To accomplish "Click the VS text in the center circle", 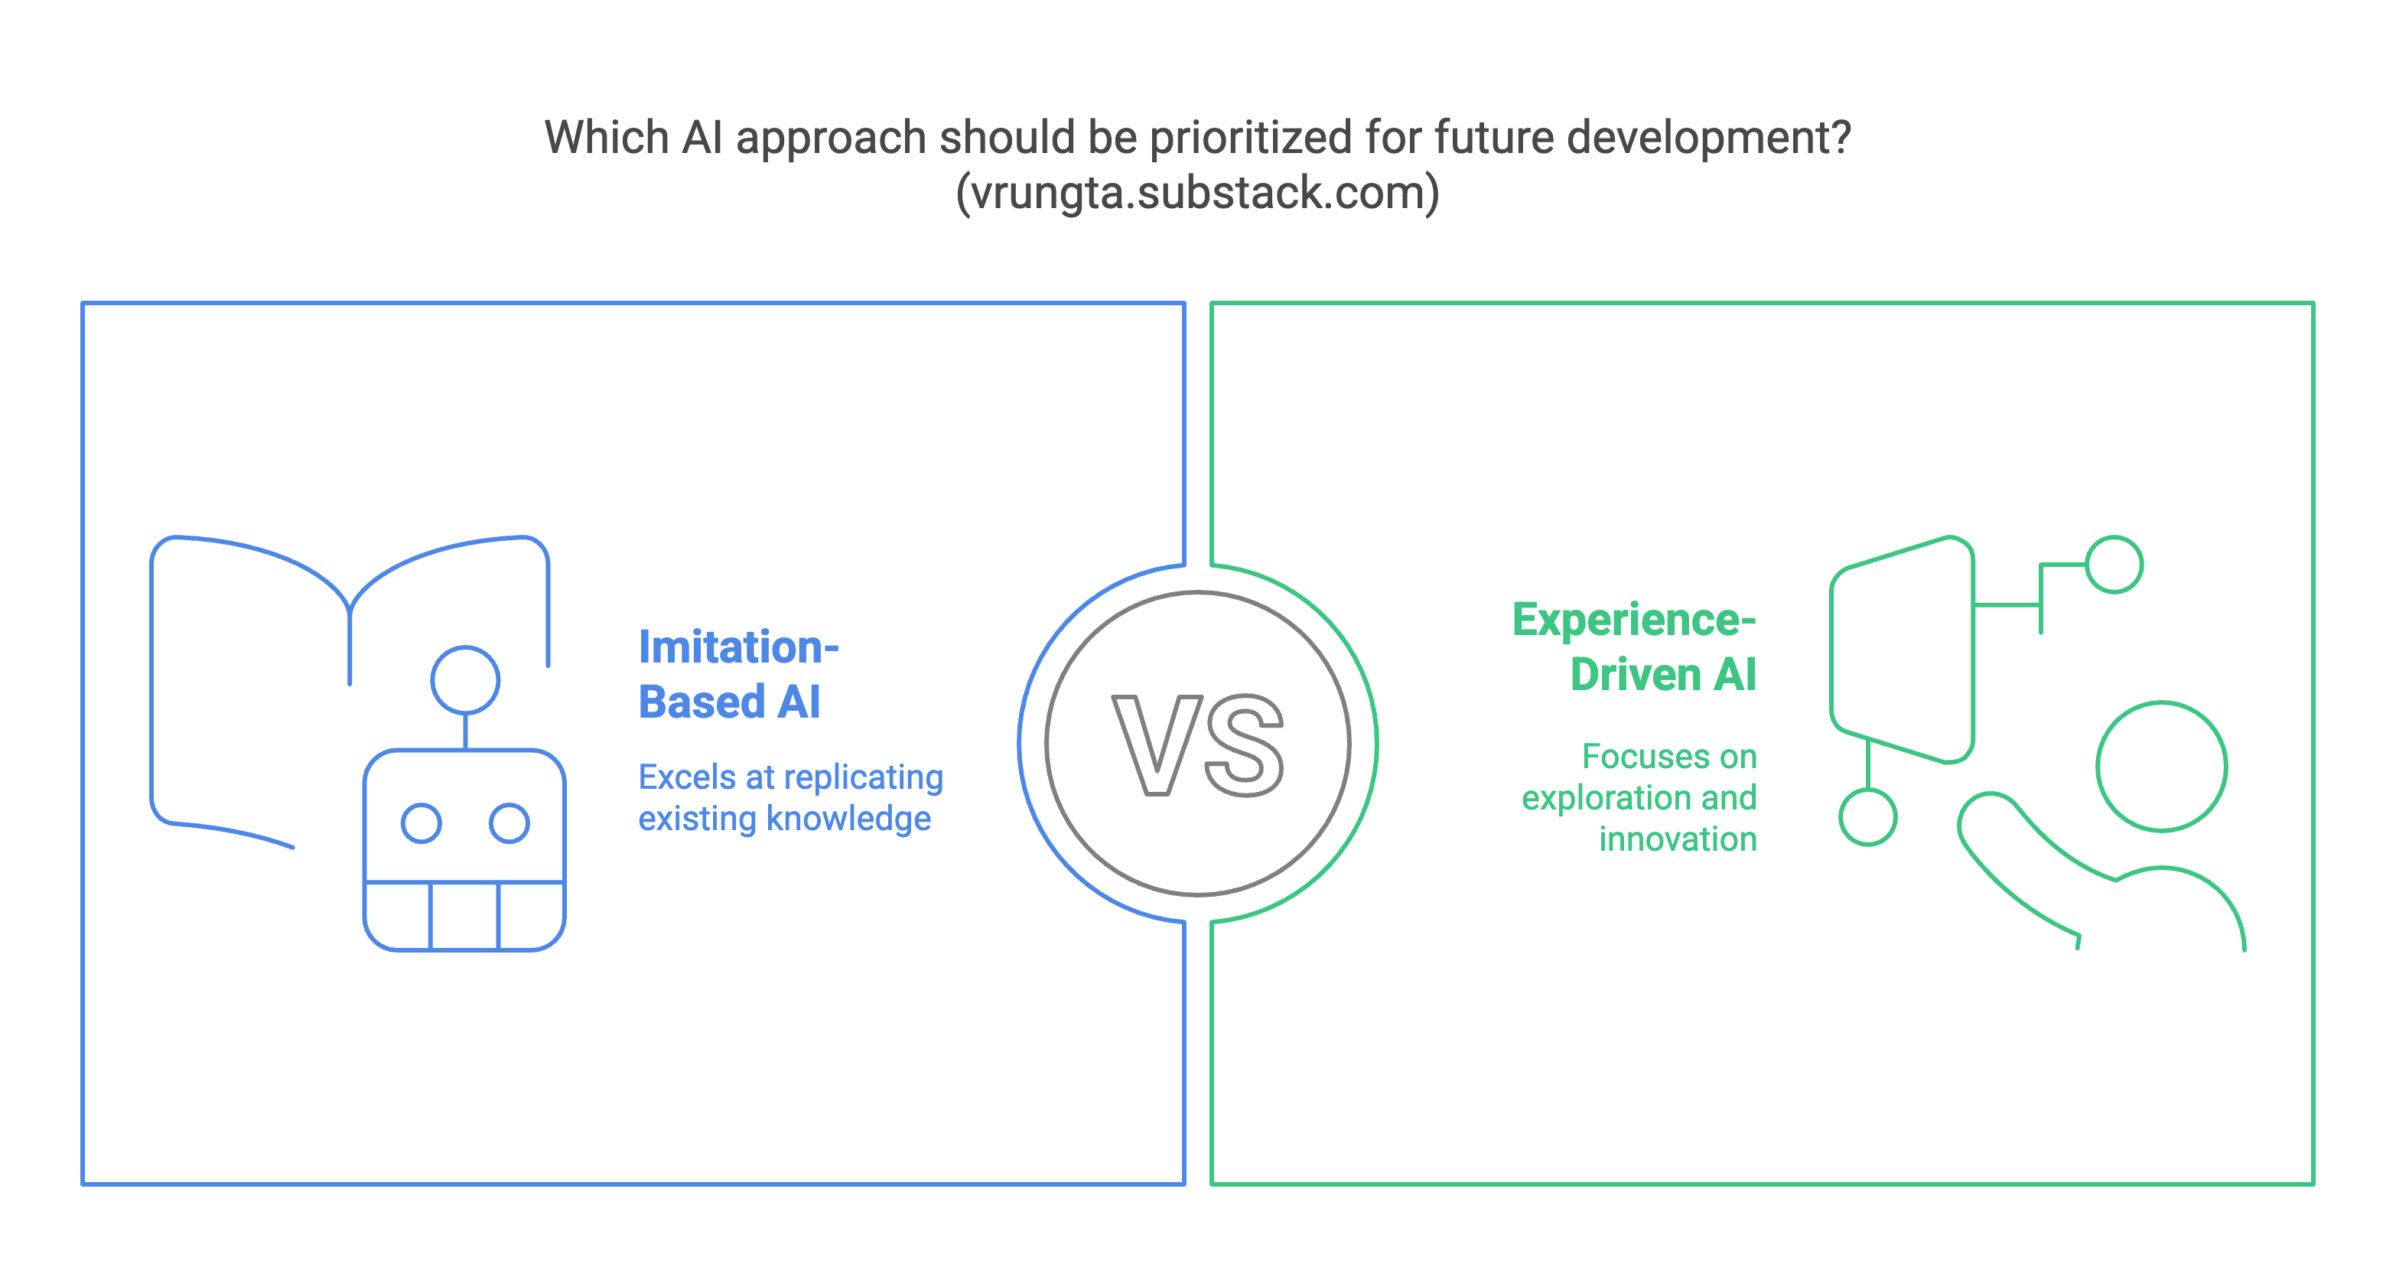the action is (x=1198, y=744).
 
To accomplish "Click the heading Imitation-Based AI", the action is (x=737, y=674).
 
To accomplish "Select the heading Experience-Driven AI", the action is (x=1635, y=647).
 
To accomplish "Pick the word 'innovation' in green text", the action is (x=1678, y=839).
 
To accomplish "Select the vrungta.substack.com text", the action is (x=1198, y=193).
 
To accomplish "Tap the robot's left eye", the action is (x=422, y=823).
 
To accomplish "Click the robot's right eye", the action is (x=509, y=823).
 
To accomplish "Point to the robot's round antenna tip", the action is (x=465, y=680).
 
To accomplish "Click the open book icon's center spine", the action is (x=350, y=642).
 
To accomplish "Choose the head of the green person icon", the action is (x=2162, y=766).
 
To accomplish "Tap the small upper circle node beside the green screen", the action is (x=2114, y=565).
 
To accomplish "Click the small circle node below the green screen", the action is (x=1867, y=818).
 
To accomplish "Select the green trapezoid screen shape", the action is (x=1902, y=648).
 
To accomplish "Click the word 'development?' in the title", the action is (x=1708, y=138).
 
